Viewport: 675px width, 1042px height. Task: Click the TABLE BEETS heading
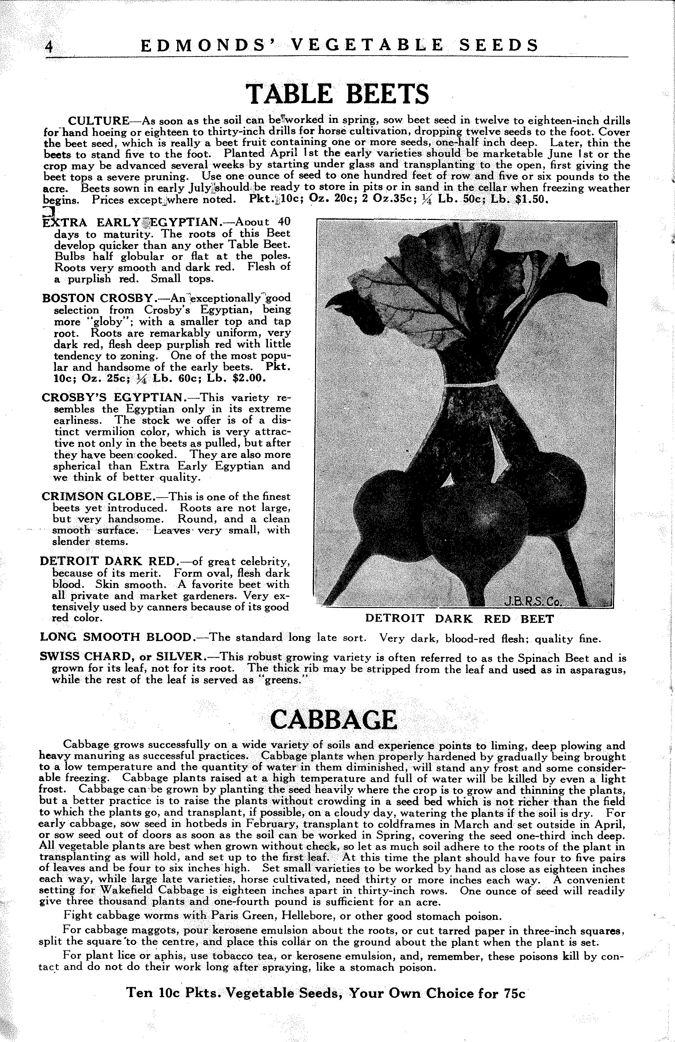point(337,93)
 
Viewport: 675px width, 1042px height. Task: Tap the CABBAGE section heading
point(333,719)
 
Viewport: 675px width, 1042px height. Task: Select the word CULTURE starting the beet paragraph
point(98,121)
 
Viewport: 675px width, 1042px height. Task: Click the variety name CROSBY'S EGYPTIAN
point(111,397)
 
